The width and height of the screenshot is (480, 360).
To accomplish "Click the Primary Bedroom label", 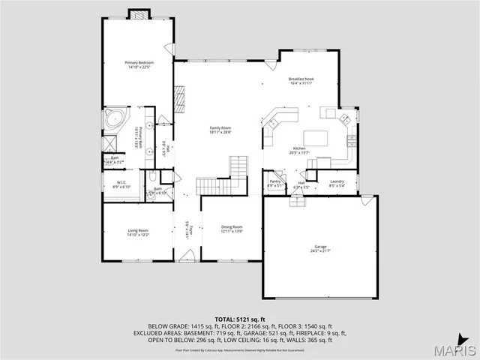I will click(x=139, y=64).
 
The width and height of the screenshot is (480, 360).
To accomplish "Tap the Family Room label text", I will click(x=220, y=130).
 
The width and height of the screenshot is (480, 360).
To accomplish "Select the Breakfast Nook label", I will click(x=301, y=81).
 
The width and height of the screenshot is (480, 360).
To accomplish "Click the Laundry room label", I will click(x=337, y=182).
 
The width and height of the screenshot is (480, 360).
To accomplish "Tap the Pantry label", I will click(x=275, y=182).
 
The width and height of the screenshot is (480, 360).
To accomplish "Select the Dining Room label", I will click(x=232, y=229).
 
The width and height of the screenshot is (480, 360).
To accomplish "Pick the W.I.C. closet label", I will click(x=121, y=184).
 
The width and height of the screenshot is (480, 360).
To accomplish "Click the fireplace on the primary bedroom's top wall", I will click(x=139, y=13).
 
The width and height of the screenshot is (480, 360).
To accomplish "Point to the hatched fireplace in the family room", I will click(x=179, y=97).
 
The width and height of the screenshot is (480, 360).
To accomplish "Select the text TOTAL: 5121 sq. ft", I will click(x=239, y=319).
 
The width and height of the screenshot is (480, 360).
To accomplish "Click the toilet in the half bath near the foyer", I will click(x=153, y=178).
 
